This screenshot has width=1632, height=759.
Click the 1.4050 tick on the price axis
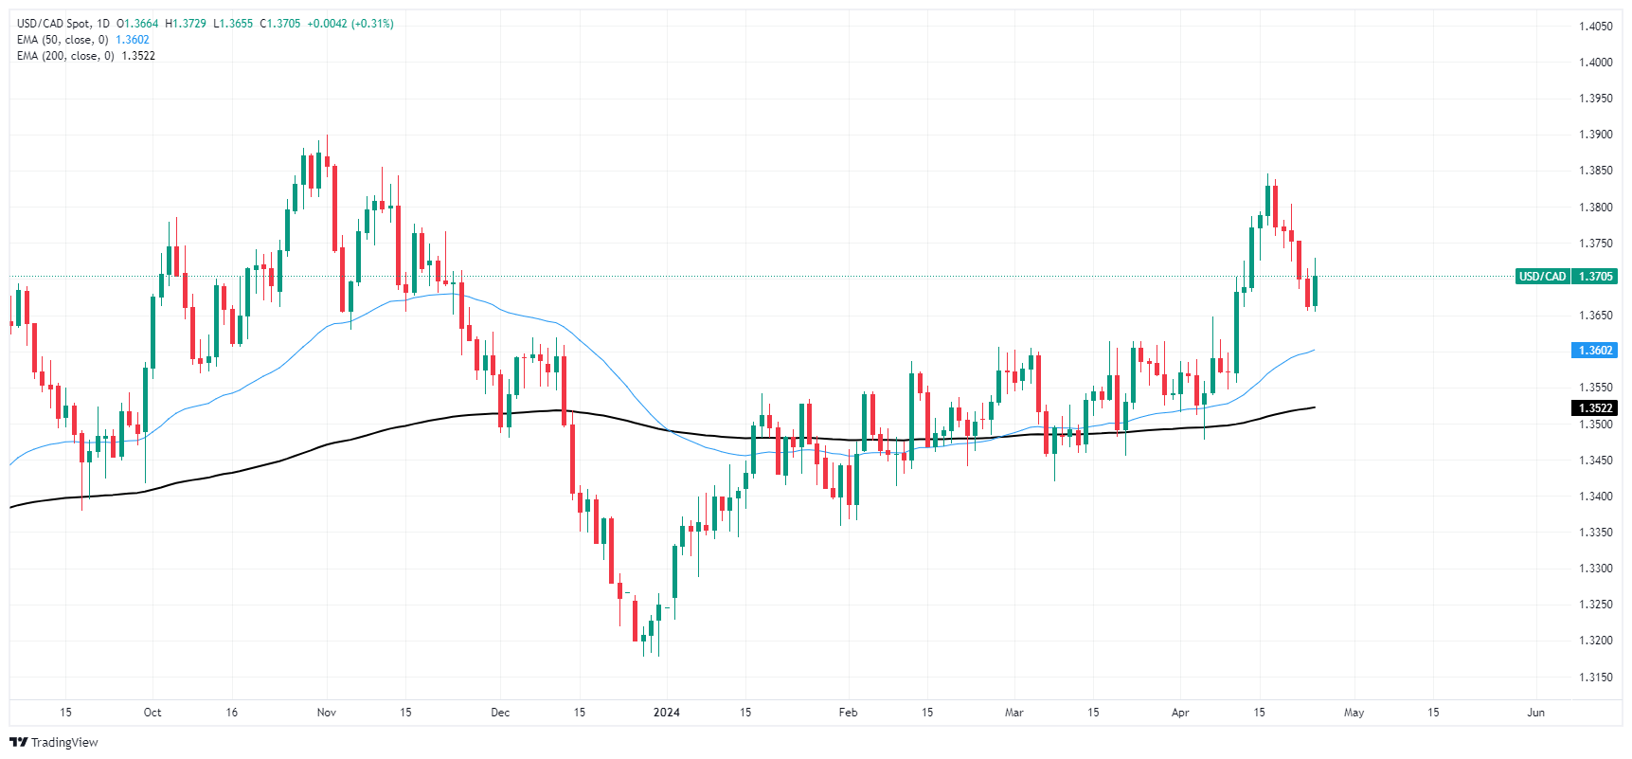(1595, 27)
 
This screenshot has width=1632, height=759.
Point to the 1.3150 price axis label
(1595, 677)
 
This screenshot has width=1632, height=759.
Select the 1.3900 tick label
(1595, 135)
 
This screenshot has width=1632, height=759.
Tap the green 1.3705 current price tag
(1596, 277)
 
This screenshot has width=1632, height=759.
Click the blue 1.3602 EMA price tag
(1594, 351)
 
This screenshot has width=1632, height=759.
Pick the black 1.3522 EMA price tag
(1594, 408)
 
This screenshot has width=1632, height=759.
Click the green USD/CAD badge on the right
(1542, 277)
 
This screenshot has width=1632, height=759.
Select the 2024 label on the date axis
(667, 713)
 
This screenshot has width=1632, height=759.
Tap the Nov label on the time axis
(327, 713)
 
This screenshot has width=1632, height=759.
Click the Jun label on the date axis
(1535, 713)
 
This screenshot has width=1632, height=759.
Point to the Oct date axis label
(152, 713)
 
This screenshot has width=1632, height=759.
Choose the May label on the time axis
(1354, 713)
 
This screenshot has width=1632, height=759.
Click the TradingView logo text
(63, 743)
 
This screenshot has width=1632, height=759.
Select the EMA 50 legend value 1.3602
(133, 40)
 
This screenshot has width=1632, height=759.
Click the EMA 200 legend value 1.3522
(138, 56)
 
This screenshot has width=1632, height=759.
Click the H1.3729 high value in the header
(186, 24)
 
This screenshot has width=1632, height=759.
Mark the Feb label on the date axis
(848, 713)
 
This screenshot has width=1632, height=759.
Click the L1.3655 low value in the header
(233, 24)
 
